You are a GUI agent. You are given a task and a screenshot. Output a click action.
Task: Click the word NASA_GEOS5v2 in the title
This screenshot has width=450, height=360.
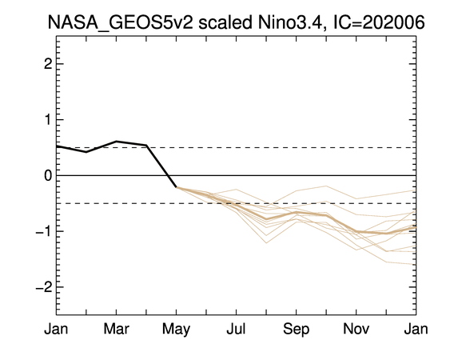tap(121, 22)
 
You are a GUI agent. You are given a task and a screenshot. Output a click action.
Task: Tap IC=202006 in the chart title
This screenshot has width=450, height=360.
tap(379, 22)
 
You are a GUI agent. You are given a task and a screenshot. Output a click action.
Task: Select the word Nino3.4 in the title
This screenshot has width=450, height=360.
tap(291, 22)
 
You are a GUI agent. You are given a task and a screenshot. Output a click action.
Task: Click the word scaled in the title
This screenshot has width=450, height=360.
tap(225, 22)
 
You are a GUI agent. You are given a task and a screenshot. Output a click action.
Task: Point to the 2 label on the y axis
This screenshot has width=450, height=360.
tap(48, 64)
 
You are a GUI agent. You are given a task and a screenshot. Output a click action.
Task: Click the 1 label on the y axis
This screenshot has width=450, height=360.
tap(48, 119)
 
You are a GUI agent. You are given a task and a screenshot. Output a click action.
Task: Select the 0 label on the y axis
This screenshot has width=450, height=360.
tap(48, 175)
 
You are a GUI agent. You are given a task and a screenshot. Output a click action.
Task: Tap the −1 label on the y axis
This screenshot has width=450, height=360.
tap(44, 231)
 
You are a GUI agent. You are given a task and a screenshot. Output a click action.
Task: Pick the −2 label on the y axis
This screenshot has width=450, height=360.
tap(44, 286)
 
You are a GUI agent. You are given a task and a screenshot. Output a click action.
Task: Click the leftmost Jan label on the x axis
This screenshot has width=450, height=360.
tap(56, 329)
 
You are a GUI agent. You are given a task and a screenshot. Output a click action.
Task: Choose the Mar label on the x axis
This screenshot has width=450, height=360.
tap(116, 329)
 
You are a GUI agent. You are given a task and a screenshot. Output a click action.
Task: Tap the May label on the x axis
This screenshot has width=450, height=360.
tap(176, 330)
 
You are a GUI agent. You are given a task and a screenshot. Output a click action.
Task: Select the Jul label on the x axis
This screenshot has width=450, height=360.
tap(236, 329)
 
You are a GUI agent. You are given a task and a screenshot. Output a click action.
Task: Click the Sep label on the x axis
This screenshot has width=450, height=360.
tap(297, 330)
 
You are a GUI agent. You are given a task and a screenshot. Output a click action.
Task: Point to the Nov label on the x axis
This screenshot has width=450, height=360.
tap(356, 329)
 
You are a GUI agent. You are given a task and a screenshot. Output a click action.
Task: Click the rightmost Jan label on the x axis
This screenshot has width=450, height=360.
tap(416, 329)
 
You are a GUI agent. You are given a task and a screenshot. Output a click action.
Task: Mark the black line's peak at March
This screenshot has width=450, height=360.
tap(116, 141)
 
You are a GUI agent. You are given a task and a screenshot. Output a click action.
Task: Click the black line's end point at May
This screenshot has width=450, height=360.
tap(176, 187)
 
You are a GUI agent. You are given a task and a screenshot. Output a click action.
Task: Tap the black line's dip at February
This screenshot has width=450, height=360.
tap(86, 152)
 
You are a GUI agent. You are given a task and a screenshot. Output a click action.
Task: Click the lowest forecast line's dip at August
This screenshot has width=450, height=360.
tap(266, 243)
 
